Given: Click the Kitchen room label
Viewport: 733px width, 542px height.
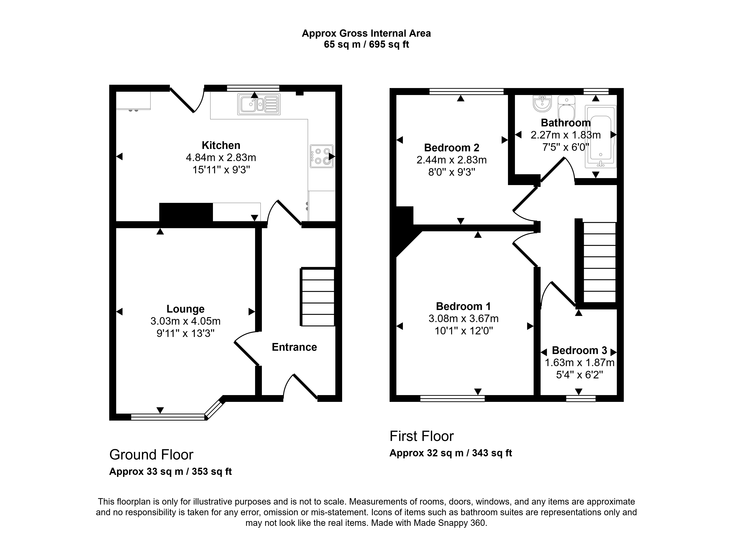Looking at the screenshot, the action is click(x=221, y=145).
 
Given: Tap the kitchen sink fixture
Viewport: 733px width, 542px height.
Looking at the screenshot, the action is click(x=259, y=104).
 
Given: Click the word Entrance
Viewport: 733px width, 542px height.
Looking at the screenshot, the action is click(x=294, y=347).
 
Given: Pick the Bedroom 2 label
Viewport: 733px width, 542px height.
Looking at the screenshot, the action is click(x=452, y=148).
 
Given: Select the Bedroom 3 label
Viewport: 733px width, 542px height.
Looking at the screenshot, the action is click(x=580, y=350).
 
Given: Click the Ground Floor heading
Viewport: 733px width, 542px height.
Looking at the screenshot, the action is click(x=151, y=455).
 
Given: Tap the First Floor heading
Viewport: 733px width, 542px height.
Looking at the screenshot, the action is click(x=422, y=436).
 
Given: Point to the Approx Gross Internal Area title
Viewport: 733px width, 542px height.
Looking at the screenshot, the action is click(x=366, y=33).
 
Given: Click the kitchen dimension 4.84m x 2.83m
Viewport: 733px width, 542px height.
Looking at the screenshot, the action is click(x=221, y=158).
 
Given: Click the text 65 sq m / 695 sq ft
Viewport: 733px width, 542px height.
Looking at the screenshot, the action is click(x=366, y=44).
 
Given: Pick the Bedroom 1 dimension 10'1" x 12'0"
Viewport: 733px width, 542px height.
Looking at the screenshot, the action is click(x=464, y=331).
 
